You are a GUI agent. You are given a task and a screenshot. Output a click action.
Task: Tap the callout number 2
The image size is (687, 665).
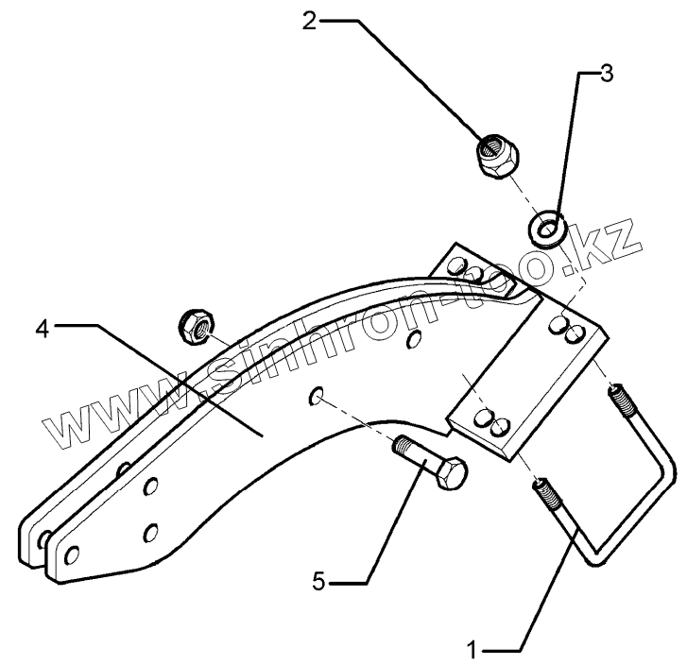coord(309,21)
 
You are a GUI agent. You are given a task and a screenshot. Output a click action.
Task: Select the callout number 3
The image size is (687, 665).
coord(606,74)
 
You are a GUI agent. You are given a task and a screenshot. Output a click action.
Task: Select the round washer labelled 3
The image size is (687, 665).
coord(547,228)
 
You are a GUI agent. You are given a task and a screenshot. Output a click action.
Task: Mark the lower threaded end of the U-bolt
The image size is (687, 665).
coord(548,495)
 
